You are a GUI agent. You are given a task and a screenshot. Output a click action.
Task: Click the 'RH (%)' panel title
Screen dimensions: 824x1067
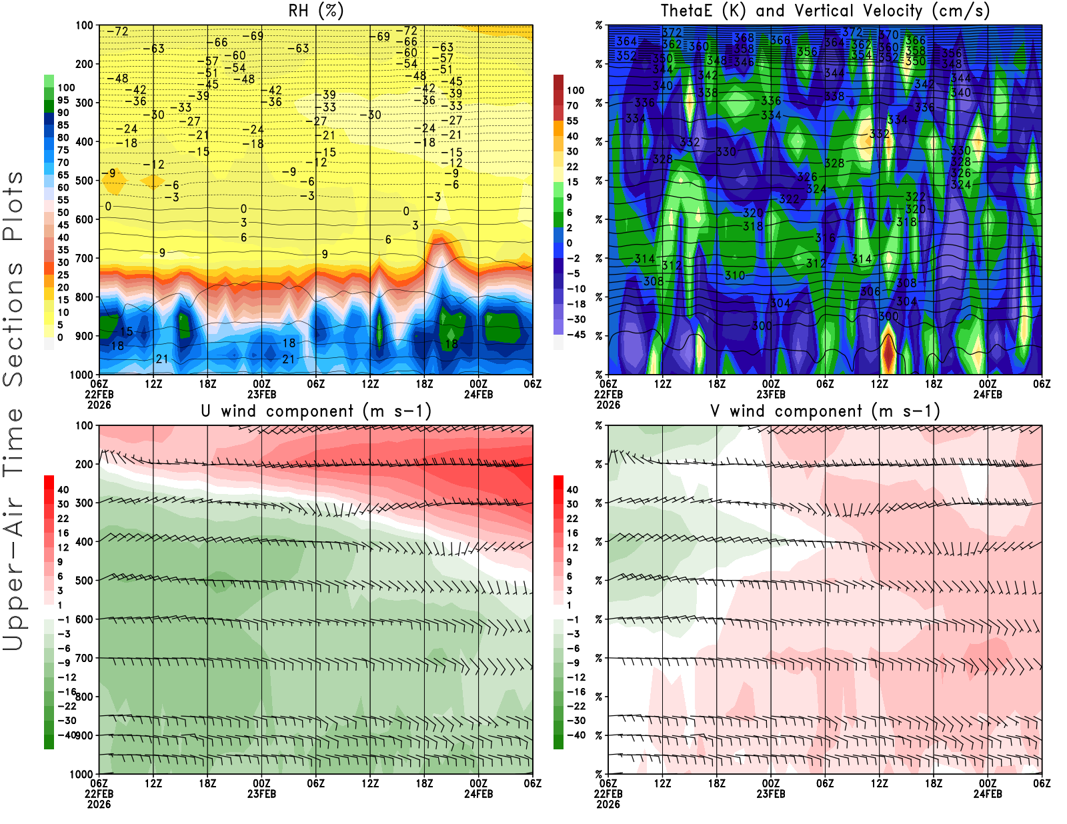tap(315, 11)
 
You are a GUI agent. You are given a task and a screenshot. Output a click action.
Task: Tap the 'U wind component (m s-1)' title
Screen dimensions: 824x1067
tap(315, 411)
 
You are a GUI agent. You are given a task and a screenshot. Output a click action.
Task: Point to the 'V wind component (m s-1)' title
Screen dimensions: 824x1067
tap(824, 411)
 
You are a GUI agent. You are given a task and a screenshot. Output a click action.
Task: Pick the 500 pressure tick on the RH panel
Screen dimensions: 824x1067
tap(84, 181)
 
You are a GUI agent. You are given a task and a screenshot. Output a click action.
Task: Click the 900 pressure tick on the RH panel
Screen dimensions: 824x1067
tap(84, 336)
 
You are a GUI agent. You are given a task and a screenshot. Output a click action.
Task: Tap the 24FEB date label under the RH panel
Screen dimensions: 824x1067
tap(478, 394)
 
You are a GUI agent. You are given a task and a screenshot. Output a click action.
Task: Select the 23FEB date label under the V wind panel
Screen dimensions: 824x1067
tap(770, 794)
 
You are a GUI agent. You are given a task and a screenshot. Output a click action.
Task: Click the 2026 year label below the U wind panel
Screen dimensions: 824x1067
tap(99, 804)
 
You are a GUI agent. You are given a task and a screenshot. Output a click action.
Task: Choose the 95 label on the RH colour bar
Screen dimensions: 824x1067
tap(63, 100)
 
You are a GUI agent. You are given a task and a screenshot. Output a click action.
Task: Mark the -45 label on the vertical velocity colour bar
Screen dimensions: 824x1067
tap(576, 335)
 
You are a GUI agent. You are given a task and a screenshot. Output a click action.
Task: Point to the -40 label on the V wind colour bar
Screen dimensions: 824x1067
tap(576, 735)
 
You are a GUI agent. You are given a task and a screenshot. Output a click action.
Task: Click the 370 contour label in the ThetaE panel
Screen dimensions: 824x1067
tap(889, 35)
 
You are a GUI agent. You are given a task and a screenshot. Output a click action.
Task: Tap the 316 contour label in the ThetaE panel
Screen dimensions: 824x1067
tap(825, 238)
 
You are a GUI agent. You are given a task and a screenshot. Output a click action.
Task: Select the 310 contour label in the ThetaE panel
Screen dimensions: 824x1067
tap(735, 275)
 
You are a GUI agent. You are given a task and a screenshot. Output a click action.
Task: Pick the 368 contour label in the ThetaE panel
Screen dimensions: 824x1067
tap(744, 38)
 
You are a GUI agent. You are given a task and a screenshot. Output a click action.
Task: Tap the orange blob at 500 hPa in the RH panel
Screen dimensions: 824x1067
tap(153, 181)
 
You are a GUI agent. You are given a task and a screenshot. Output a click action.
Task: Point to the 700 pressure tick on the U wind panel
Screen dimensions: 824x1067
tap(84, 658)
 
